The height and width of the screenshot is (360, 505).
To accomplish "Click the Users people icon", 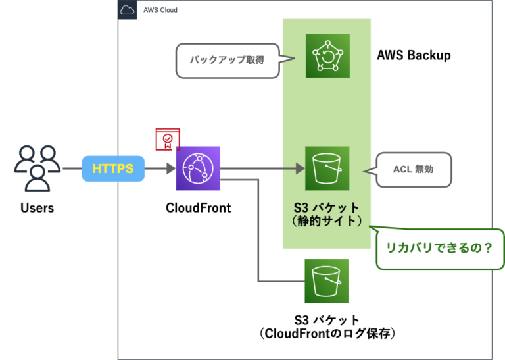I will click(x=37, y=168).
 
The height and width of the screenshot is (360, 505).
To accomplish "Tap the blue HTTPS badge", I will click(x=113, y=169).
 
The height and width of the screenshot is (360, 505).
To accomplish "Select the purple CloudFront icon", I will click(x=198, y=168).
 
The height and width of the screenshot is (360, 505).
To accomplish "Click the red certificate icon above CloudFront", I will click(x=168, y=140).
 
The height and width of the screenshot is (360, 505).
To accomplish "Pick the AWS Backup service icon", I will click(x=327, y=56).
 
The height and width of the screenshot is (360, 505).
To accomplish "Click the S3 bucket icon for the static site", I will click(x=327, y=168).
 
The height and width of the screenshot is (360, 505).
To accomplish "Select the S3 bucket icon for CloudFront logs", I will click(x=327, y=281).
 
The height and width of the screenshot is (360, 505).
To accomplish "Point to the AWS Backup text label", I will click(x=414, y=55).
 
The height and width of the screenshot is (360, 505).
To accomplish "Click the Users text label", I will click(x=37, y=208).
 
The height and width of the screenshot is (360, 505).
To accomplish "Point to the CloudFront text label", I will click(x=198, y=208).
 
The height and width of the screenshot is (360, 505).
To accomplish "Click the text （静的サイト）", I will click(x=327, y=222).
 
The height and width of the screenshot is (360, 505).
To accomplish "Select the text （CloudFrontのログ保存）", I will click(x=327, y=334).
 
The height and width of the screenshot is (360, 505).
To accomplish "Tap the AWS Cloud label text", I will click(x=160, y=10).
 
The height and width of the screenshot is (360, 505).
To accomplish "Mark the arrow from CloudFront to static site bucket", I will click(x=263, y=169).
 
